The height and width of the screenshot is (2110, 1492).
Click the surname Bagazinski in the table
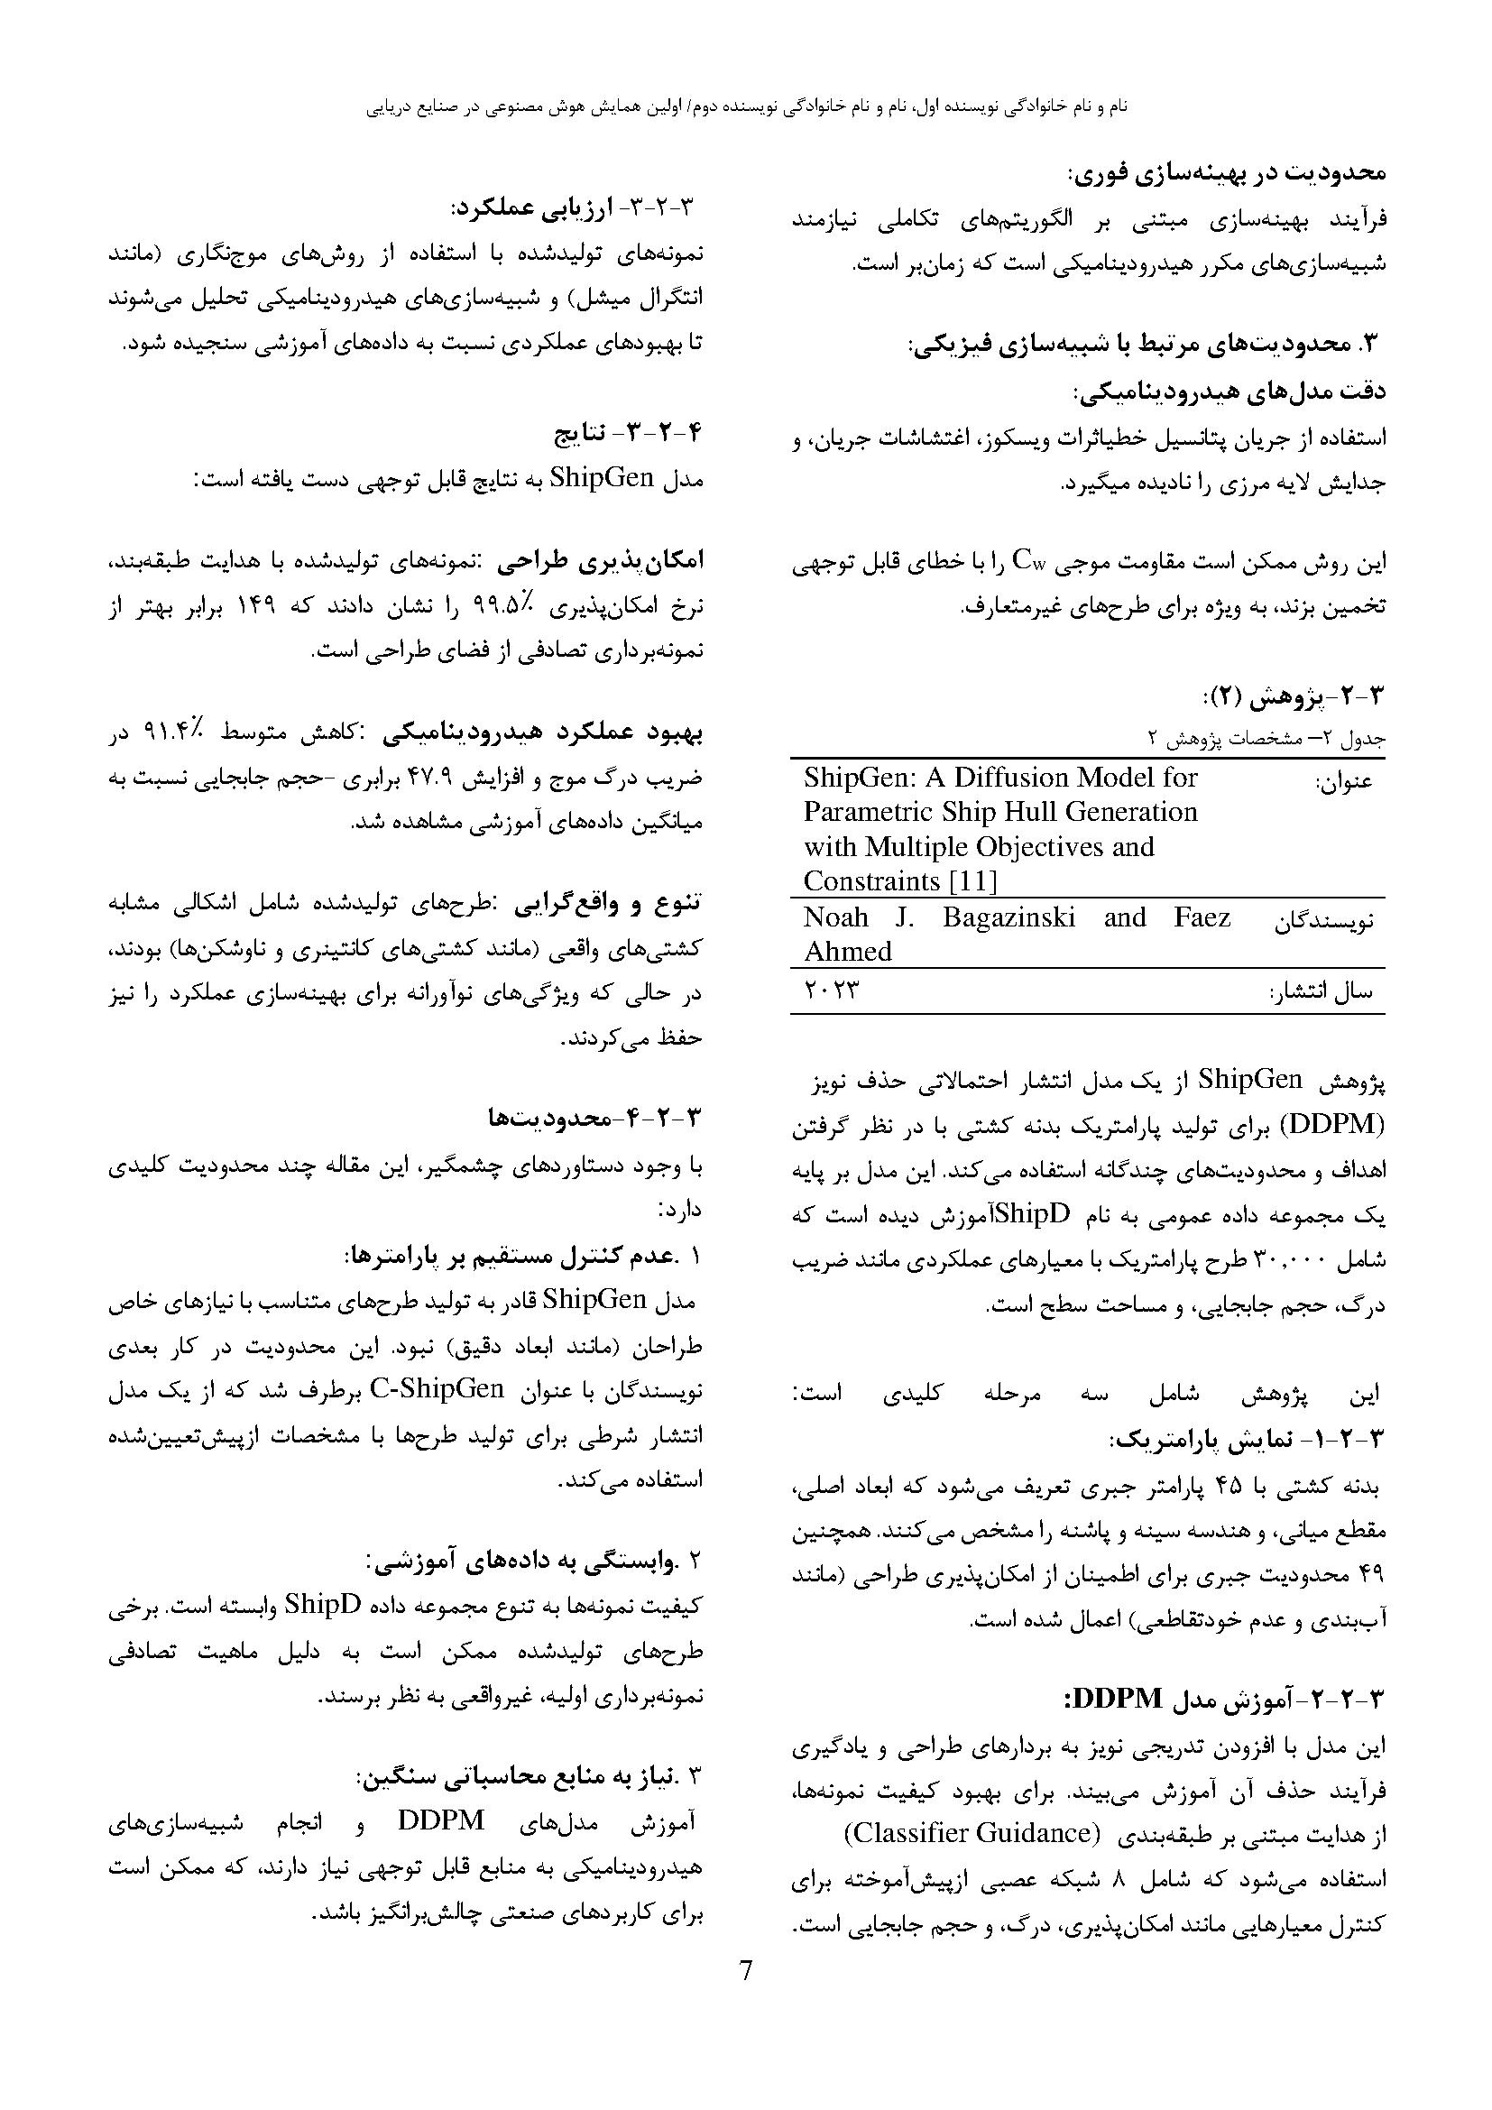(x=1008, y=917)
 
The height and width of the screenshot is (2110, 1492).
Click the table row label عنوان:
(x=1344, y=782)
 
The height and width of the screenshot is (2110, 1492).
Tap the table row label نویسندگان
(x=1323, y=922)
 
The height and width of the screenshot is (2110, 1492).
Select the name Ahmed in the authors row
(x=847, y=951)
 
